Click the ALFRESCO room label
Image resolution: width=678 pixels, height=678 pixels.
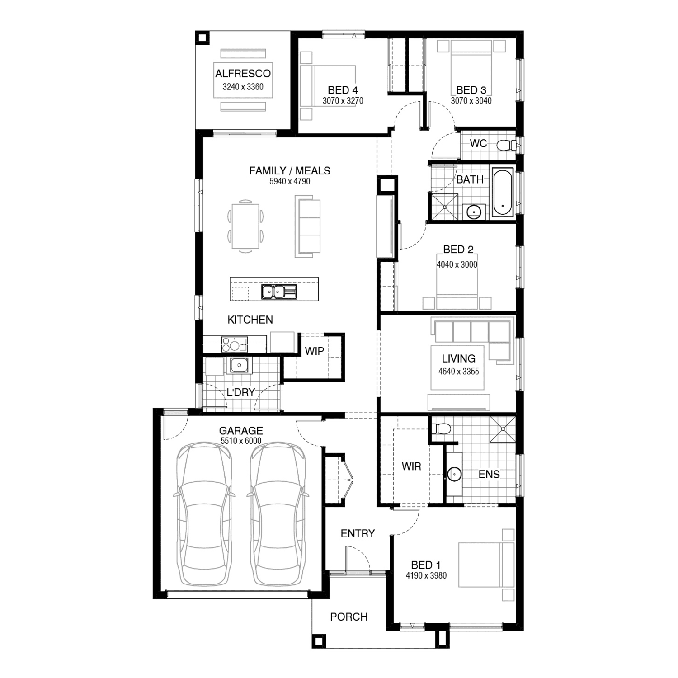click(x=243, y=74)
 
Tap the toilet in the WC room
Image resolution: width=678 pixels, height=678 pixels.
click(x=506, y=145)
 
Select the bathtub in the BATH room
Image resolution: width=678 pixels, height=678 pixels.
click(x=503, y=192)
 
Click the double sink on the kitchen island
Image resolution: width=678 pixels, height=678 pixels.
click(x=279, y=292)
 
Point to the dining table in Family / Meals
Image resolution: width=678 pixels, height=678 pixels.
click(x=246, y=226)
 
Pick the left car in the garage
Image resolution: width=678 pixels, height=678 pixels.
click(x=204, y=514)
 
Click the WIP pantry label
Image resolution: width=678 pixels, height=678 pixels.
click(x=314, y=351)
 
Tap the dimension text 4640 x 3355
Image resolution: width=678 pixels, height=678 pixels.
click(x=458, y=372)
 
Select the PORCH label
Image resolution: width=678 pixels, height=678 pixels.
click(x=348, y=617)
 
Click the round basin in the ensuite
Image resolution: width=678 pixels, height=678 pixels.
click(x=454, y=474)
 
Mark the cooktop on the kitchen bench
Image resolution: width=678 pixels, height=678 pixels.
click(x=234, y=344)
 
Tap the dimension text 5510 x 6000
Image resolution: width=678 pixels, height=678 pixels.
click(x=241, y=441)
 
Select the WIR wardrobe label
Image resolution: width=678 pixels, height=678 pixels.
click(x=411, y=466)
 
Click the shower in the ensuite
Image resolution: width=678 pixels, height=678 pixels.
click(x=502, y=429)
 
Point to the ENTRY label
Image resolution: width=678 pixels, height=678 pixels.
click(x=358, y=534)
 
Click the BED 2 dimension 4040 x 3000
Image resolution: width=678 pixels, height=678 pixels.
click(x=457, y=264)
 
